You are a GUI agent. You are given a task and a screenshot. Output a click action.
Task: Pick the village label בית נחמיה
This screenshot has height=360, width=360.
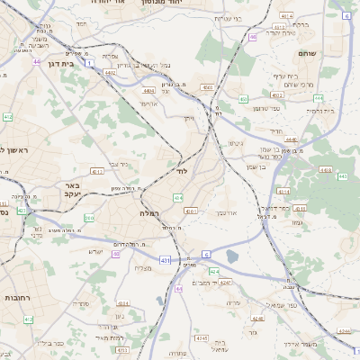point(319,109)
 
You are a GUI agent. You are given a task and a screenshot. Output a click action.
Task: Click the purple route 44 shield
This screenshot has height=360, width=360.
point(37,62)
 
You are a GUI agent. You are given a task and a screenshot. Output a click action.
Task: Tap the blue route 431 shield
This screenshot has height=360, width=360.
point(165,260)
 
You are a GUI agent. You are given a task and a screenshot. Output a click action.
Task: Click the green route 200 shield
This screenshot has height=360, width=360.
point(88,218)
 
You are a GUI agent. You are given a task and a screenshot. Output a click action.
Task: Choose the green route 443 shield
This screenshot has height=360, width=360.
point(343,176)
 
